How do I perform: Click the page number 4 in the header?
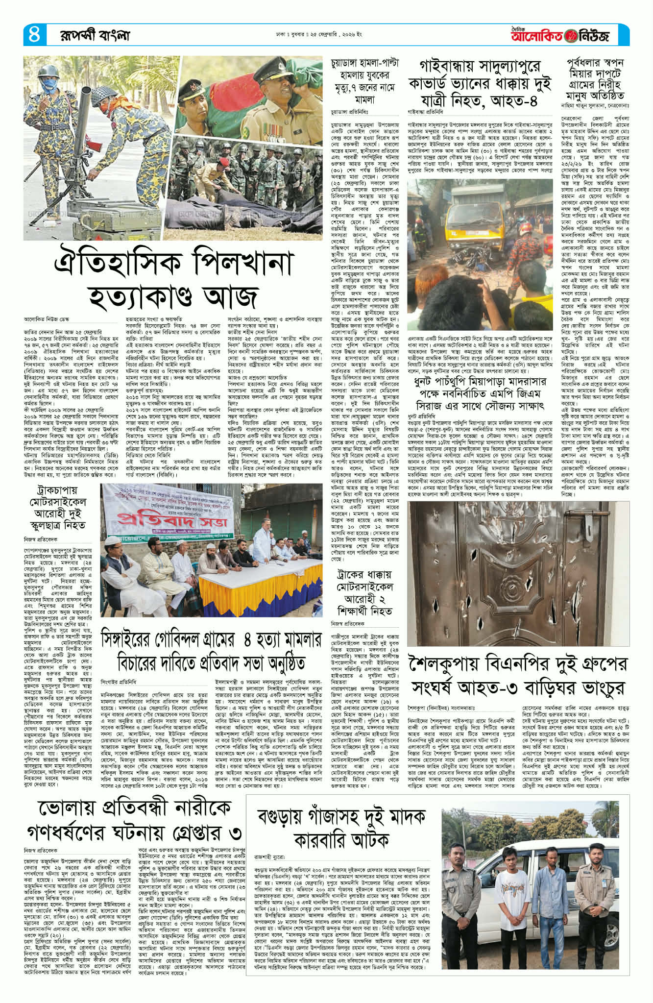(34, 35)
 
